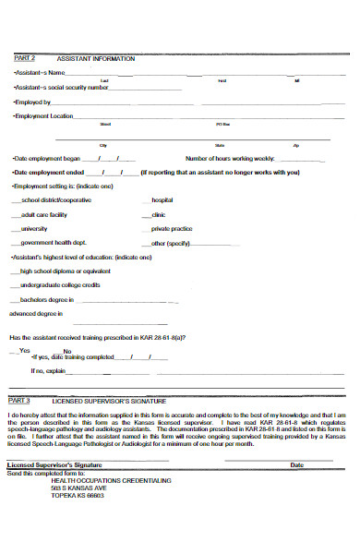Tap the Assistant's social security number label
click(x=53, y=87)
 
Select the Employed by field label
click(x=32, y=102)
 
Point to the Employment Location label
click(x=42, y=116)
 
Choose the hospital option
click(x=162, y=199)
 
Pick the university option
click(x=34, y=227)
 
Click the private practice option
click(x=172, y=227)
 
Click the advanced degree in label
click(x=33, y=315)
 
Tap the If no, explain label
click(x=48, y=370)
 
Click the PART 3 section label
click(x=19, y=402)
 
